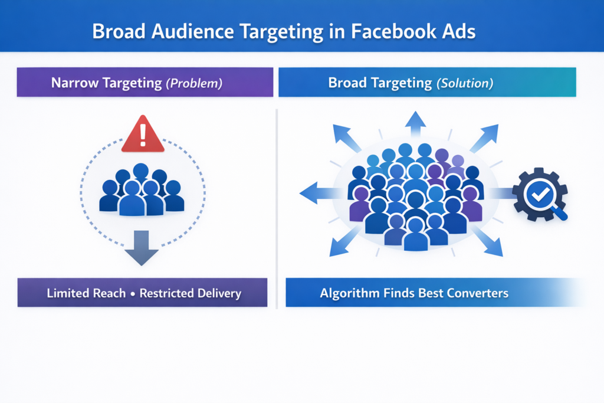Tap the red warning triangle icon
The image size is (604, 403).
142,135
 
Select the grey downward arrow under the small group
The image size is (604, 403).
142,248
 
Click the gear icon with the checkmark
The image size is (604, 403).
538,195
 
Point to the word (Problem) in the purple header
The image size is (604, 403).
193,83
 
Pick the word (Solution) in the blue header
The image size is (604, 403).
464,83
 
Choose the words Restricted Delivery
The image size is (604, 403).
191,293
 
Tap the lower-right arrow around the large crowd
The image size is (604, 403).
487,241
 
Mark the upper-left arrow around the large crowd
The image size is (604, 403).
347,139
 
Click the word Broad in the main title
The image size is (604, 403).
119,31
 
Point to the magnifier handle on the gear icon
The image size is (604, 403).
560,214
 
